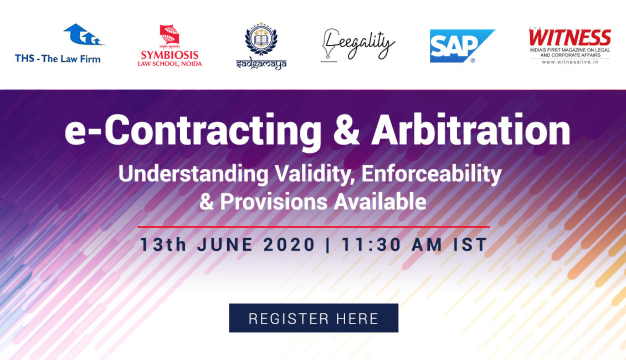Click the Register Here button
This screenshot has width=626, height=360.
(x=314, y=318)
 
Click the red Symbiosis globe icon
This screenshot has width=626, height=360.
(x=170, y=35)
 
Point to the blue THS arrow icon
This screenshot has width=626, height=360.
(x=84, y=34)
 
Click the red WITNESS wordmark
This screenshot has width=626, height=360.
(x=569, y=38)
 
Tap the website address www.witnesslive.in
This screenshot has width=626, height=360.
(x=570, y=62)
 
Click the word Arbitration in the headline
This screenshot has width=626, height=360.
(x=471, y=130)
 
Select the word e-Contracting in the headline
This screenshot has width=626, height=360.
(x=193, y=131)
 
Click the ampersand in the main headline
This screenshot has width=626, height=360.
(x=346, y=131)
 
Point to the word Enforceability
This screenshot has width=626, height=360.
(x=432, y=174)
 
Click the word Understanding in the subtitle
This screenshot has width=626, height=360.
(x=194, y=174)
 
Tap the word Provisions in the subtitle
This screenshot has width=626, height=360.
(x=274, y=202)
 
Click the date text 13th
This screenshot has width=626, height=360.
(x=163, y=245)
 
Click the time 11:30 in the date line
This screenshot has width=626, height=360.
(x=371, y=245)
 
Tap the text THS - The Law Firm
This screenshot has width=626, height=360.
(x=58, y=59)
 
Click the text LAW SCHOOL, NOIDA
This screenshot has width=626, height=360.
(x=170, y=64)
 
